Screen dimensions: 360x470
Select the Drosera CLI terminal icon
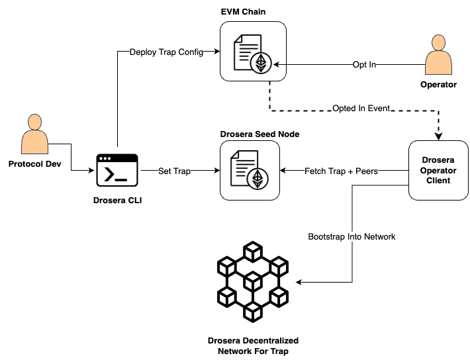click(x=117, y=170)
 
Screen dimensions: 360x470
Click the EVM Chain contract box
click(x=252, y=52)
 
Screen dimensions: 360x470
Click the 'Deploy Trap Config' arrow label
click(x=166, y=52)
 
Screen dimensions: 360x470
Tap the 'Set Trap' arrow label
click(x=175, y=171)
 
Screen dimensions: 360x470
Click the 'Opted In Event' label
click(x=361, y=108)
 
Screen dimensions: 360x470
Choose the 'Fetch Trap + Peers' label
click(x=342, y=171)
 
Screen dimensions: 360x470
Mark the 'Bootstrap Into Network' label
click(x=352, y=236)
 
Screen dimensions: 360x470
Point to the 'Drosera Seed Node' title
click(x=259, y=134)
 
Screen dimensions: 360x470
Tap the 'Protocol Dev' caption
click(x=35, y=163)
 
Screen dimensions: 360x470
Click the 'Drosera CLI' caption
click(x=117, y=201)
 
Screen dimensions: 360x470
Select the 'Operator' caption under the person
click(x=438, y=85)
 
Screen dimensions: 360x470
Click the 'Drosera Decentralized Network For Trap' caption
click(x=252, y=345)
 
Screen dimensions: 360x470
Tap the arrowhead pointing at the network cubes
click(x=299, y=283)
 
